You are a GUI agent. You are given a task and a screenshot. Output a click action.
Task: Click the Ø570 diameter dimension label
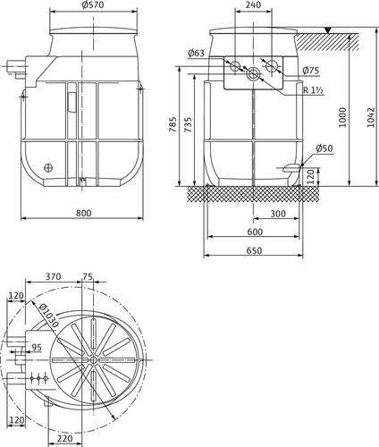[92, 5]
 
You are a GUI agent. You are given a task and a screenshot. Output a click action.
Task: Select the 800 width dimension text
[83, 213]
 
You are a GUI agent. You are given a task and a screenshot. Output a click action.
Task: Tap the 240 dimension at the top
[253, 4]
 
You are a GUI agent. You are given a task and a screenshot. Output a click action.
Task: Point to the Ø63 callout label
[196, 53]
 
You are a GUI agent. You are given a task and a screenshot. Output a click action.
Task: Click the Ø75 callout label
[310, 71]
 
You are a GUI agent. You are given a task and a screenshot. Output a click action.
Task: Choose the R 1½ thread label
[314, 90]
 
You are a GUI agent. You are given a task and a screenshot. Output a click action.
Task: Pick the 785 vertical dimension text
[173, 125]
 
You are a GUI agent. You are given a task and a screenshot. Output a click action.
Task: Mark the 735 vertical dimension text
[188, 125]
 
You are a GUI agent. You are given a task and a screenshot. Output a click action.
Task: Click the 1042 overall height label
[370, 117]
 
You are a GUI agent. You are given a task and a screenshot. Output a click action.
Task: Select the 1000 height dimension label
[343, 117]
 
